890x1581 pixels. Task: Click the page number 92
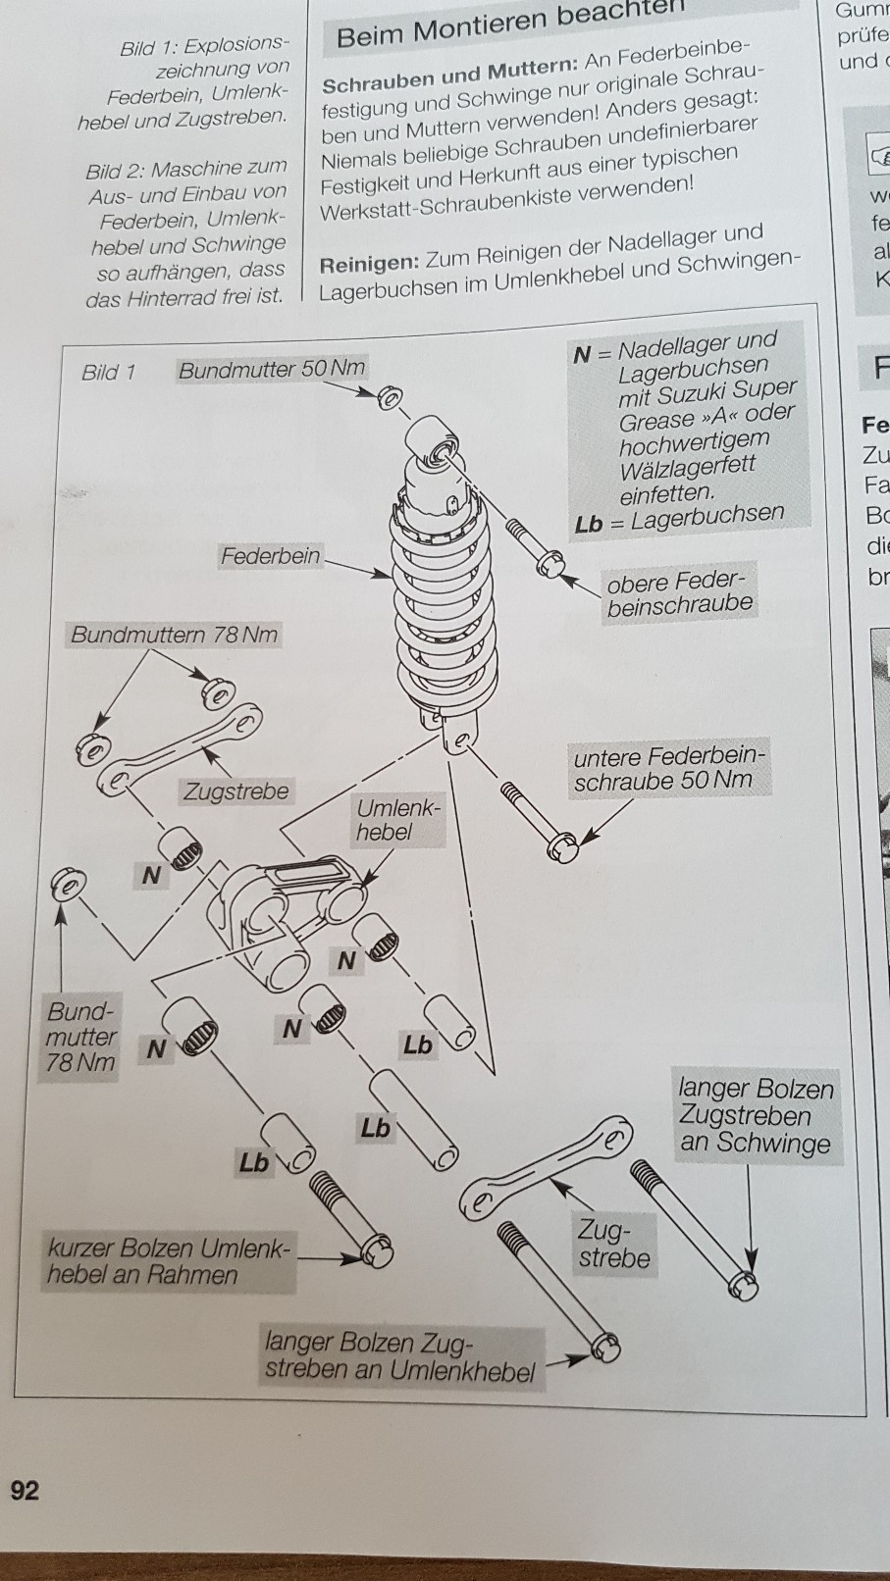pos(25,1490)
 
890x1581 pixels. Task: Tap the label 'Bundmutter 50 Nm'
pos(271,369)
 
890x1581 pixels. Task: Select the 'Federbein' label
pos(270,556)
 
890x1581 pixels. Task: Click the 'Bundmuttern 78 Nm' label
pos(174,634)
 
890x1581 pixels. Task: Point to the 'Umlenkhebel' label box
pos(398,820)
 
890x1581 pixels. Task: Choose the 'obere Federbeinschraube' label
pos(678,593)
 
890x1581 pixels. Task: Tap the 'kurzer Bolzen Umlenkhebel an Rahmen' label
pos(168,1261)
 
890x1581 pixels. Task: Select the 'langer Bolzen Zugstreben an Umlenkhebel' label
pos(399,1356)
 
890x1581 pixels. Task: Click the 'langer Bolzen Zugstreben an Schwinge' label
pos(756,1115)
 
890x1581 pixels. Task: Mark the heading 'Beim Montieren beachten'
pos(510,25)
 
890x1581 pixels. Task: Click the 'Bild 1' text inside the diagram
pos(108,372)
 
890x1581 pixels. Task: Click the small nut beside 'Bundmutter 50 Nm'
pos(390,397)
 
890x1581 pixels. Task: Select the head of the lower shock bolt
pos(563,846)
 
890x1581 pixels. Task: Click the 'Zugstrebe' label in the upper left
pos(236,790)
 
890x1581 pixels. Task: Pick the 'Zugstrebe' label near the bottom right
pos(614,1243)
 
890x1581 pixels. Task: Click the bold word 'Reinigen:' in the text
pos(369,265)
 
